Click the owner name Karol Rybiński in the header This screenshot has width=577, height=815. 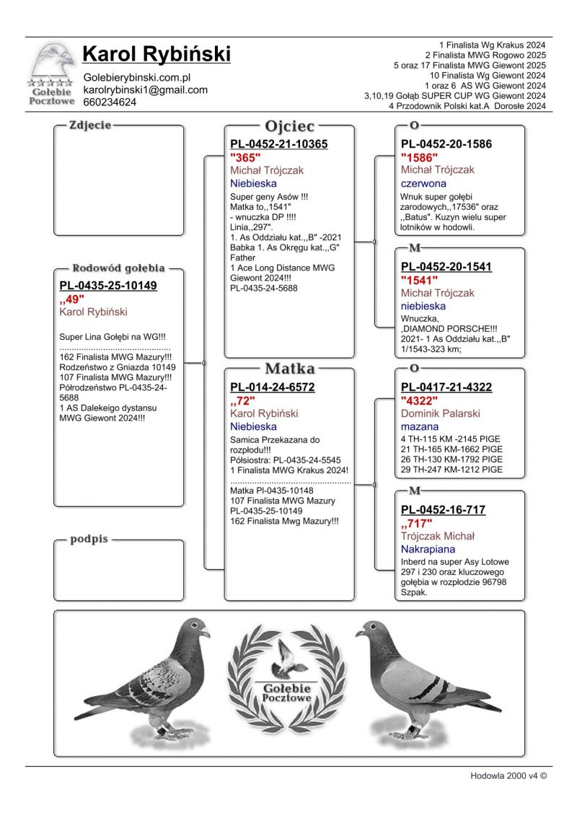click(157, 53)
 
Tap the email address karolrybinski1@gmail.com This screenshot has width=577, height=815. click(146, 89)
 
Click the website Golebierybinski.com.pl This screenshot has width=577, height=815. click(136, 77)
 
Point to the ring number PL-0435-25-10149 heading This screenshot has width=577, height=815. click(108, 286)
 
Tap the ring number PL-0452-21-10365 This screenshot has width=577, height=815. click(278, 144)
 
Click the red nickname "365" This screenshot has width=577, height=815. click(245, 157)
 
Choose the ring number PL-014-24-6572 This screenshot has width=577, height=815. click(272, 387)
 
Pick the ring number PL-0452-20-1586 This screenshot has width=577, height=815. click(446, 144)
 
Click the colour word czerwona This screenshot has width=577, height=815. click(423, 183)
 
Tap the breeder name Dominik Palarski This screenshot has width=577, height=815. click(440, 414)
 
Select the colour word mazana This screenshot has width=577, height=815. click(419, 427)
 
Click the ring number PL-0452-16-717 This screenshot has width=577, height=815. click(443, 510)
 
